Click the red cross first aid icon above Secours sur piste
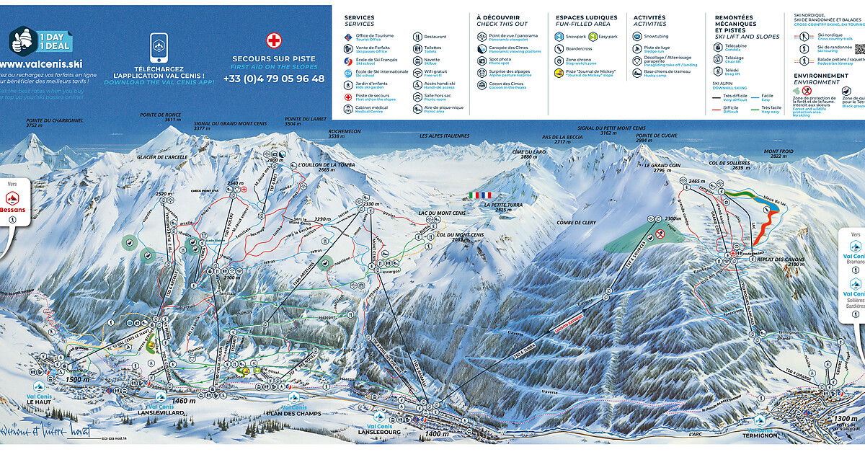click(x=273, y=40)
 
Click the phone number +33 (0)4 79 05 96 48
click(x=274, y=79)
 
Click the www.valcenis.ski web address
click(x=41, y=63)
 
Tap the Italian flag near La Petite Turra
click(x=479, y=195)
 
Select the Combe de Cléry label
click(x=575, y=222)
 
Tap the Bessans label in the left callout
click(x=12, y=210)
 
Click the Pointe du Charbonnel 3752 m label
click(x=45, y=122)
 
